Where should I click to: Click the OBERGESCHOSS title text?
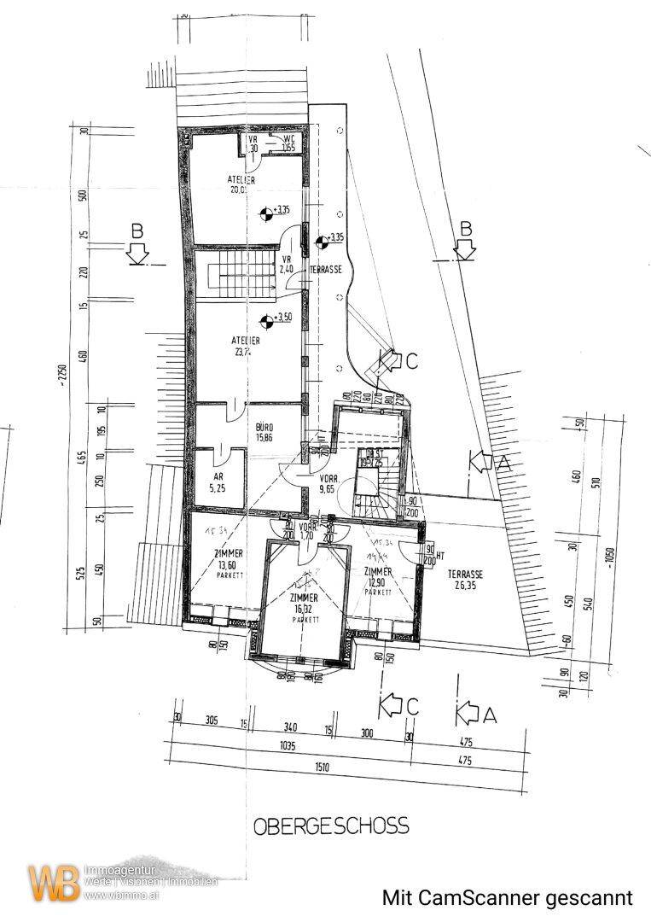click(330, 826)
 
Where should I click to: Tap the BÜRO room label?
click(264, 429)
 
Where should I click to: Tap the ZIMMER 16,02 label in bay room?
click(304, 604)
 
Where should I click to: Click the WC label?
click(288, 142)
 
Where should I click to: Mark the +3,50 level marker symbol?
click(268, 320)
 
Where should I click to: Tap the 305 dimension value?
click(212, 721)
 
